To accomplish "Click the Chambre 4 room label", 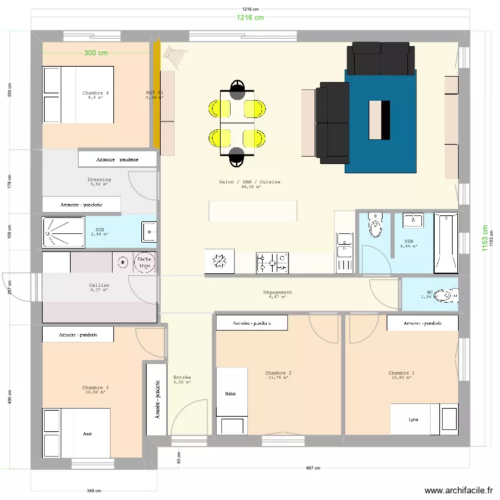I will (x=95, y=93).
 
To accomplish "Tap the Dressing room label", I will (x=99, y=179).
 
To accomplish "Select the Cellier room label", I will (x=99, y=285).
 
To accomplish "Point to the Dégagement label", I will (x=277, y=292).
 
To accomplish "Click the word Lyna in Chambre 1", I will (x=414, y=419).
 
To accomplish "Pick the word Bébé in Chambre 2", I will (x=231, y=394).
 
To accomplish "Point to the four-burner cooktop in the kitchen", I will (x=272, y=262).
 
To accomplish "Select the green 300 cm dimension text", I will (x=96, y=53).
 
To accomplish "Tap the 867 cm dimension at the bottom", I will (x=313, y=468).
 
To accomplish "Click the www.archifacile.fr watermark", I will (x=455, y=490).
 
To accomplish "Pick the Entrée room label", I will (x=182, y=377).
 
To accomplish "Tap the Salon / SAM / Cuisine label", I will (x=250, y=182).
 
